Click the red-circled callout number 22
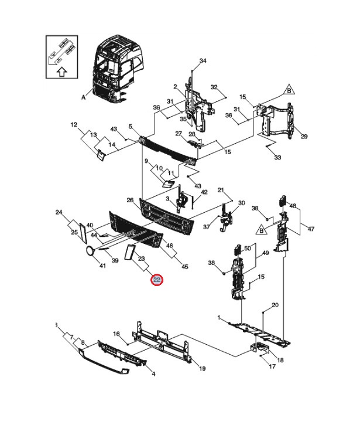pyautogui.click(x=157, y=280)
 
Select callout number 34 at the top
pyautogui.click(x=203, y=62)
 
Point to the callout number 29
pyautogui.click(x=304, y=137)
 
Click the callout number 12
pyautogui.click(x=74, y=125)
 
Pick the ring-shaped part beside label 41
pyautogui.click(x=90, y=252)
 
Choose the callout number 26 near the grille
pyautogui.click(x=130, y=201)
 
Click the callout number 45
pyautogui.click(x=185, y=267)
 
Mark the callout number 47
pyautogui.click(x=311, y=229)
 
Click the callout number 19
pyautogui.click(x=202, y=369)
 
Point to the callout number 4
pyautogui.click(x=153, y=373)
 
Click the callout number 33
pyautogui.click(x=277, y=158)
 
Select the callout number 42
pyautogui.click(x=204, y=192)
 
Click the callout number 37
pyautogui.click(x=207, y=227)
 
